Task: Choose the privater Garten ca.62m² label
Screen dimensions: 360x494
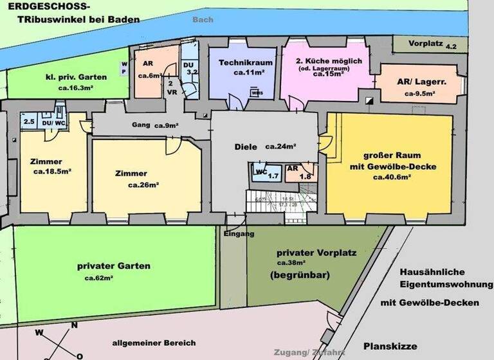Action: click(x=114, y=265)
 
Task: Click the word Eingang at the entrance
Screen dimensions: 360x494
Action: click(x=239, y=234)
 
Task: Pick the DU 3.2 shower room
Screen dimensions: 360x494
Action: click(x=190, y=69)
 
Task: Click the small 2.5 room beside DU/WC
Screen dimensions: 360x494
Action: click(x=29, y=121)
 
